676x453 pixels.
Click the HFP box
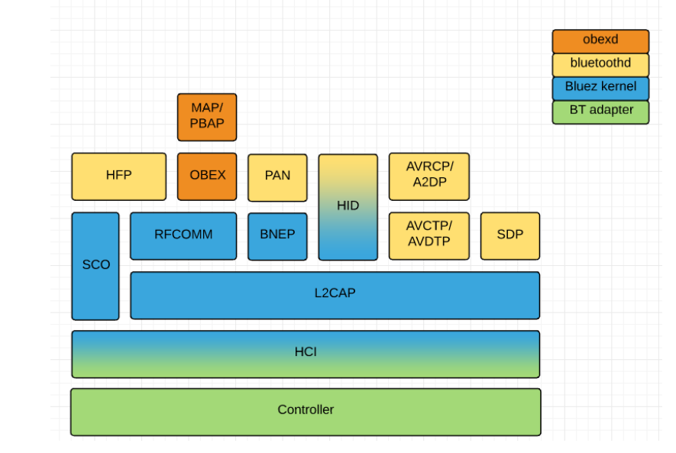pyautogui.click(x=118, y=176)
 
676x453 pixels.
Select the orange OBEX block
pyautogui.click(x=207, y=176)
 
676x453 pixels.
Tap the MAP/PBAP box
pyautogui.click(x=207, y=117)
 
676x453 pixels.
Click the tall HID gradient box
pyautogui.click(x=348, y=206)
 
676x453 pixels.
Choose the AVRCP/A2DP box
pyautogui.click(x=429, y=176)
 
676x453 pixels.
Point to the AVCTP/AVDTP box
pyautogui.click(x=429, y=235)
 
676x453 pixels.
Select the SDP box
pyautogui.click(x=509, y=235)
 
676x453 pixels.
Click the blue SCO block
pyautogui.click(x=95, y=265)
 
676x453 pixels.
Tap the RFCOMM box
pyautogui.click(x=183, y=235)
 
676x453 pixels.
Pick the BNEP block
pyautogui.click(x=277, y=235)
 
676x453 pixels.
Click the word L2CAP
pyautogui.click(x=335, y=293)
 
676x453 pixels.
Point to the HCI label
pyautogui.click(x=306, y=352)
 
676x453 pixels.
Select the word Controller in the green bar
pyautogui.click(x=306, y=410)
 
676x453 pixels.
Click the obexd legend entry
pyautogui.click(x=600, y=40)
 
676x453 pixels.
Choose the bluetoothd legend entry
pyautogui.click(x=600, y=64)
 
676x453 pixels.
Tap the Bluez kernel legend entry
pyautogui.click(x=600, y=87)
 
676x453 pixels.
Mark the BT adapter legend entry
pyautogui.click(x=600, y=111)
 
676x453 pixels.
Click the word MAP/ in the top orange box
pyautogui.click(x=207, y=109)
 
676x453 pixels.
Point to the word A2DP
pyautogui.click(x=429, y=183)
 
